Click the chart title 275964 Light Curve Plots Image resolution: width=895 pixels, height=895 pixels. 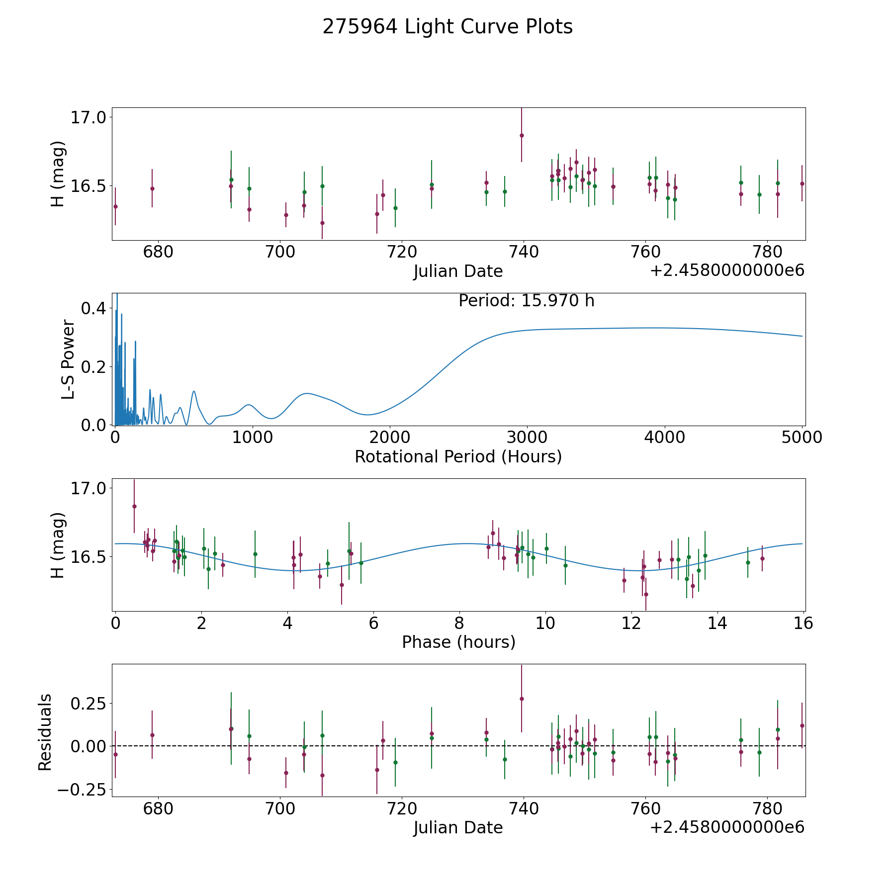point(447,27)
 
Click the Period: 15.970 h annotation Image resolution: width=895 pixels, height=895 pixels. point(526,301)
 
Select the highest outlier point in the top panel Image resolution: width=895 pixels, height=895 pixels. point(522,135)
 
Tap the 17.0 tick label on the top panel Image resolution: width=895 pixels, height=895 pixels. point(88,118)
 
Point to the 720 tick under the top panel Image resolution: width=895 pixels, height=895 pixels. point(401,252)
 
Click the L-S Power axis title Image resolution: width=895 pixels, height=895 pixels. point(68,359)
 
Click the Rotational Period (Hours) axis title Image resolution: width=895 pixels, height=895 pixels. point(458,456)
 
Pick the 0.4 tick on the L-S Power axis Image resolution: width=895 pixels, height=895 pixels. point(93,308)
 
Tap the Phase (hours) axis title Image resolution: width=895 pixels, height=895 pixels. point(458,642)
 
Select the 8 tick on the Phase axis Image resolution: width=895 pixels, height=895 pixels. point(459,623)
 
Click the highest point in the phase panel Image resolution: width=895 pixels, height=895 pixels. point(134,506)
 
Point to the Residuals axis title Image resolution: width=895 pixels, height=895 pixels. point(45,732)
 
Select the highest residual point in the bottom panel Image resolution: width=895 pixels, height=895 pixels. point(522,699)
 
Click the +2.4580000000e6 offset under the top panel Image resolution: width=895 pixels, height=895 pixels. point(727,270)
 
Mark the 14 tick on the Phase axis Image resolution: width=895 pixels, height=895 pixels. point(717,623)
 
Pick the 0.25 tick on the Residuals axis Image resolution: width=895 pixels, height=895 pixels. point(88,704)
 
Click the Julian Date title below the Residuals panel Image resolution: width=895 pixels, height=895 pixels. point(458,827)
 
